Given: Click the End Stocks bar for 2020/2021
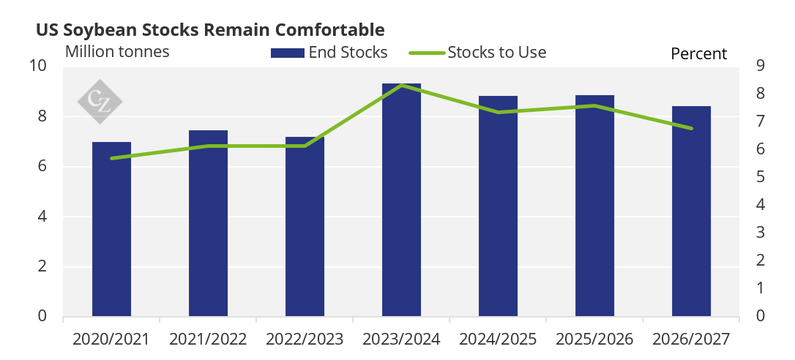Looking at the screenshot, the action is tap(111, 229).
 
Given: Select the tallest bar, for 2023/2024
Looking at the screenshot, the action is tap(402, 200).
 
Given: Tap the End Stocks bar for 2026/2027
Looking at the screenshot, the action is tap(692, 211).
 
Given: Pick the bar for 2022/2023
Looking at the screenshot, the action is tap(305, 227).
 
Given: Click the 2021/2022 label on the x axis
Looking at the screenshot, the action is tap(208, 340).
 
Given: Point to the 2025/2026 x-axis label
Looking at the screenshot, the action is tap(594, 340).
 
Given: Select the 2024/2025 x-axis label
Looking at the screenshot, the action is tap(498, 340).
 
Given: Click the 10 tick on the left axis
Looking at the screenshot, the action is tap(40, 66).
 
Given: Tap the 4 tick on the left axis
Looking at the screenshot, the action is tap(42, 217).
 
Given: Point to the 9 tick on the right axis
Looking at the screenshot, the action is tap(760, 66).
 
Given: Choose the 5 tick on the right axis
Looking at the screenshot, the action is tap(760, 177).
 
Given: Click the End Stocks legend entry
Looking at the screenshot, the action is tap(329, 52).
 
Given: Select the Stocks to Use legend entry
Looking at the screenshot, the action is tap(477, 52).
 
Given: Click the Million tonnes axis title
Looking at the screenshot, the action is tap(117, 52).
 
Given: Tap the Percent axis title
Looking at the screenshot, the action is tap(698, 53).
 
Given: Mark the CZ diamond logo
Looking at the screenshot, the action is tap(100, 102).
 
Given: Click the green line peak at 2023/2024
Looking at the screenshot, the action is tap(402, 85).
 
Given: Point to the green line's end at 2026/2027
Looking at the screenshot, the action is tap(692, 128).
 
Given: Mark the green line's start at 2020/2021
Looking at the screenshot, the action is tap(111, 158).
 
